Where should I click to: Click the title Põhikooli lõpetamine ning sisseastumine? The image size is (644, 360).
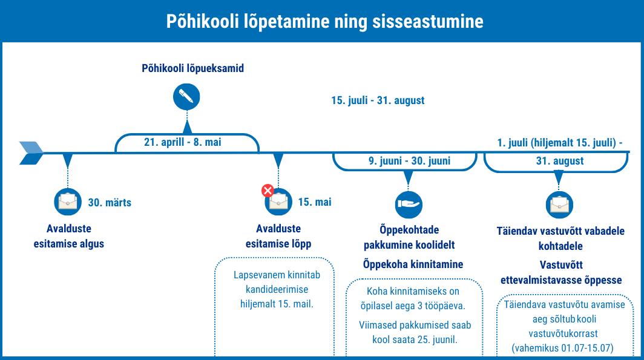click(x=324, y=22)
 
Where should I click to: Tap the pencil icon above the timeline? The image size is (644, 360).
click(x=186, y=97)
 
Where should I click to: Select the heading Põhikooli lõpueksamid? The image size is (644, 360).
click(x=192, y=68)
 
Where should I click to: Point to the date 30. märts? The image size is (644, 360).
click(x=110, y=203)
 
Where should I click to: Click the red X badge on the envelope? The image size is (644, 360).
click(x=268, y=191)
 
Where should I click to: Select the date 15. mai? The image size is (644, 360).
click(x=315, y=202)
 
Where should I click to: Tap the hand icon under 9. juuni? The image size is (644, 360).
click(x=409, y=205)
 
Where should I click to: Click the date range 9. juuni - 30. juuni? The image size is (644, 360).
click(x=409, y=161)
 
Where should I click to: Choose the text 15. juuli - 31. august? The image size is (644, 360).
click(x=378, y=100)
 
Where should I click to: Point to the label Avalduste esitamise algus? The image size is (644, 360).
click(x=69, y=237)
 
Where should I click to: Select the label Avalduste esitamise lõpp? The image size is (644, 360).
click(x=278, y=237)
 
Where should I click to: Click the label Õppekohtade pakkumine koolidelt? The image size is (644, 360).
click(x=409, y=238)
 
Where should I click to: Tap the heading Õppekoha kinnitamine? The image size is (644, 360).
click(x=413, y=264)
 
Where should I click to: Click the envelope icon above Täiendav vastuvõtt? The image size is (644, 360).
click(x=559, y=205)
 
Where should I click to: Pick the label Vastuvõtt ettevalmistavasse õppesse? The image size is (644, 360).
click(x=560, y=273)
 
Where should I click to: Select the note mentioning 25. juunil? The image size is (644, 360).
click(x=415, y=332)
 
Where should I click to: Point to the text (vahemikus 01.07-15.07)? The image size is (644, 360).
click(x=562, y=349)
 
